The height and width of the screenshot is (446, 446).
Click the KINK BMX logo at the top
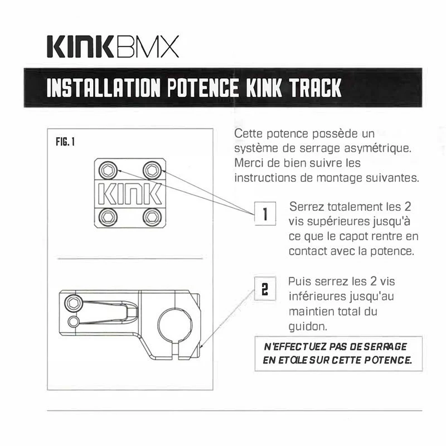[x=111, y=47]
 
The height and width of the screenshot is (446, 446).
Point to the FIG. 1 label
[x=66, y=142]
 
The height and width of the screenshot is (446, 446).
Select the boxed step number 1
[x=265, y=214]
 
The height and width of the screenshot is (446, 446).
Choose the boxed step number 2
[x=265, y=289]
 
